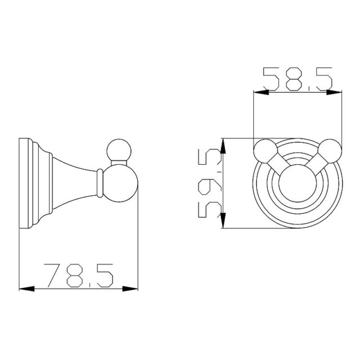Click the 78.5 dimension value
(79, 276)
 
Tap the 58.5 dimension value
(298, 79)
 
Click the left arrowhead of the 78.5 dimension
(26, 289)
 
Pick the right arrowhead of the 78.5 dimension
(130, 289)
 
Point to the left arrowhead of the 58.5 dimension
(261, 92)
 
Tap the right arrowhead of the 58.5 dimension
(334, 92)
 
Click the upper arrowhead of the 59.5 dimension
(223, 146)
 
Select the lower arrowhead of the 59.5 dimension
(223, 220)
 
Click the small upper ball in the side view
(119, 151)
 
